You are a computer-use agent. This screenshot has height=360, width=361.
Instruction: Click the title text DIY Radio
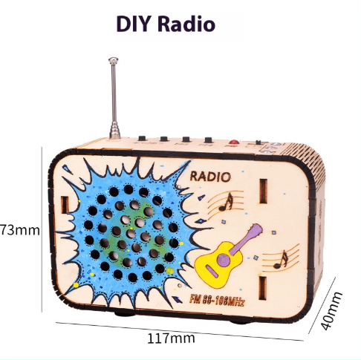click(x=166, y=24)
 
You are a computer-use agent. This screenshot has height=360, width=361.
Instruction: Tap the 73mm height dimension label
click(x=19, y=230)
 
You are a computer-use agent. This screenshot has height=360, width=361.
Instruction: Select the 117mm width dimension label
click(x=171, y=338)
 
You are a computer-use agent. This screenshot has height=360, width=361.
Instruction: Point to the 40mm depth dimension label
click(x=331, y=311)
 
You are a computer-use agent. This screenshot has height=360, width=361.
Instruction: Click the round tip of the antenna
click(x=113, y=60)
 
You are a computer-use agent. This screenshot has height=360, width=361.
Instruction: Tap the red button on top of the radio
click(x=234, y=142)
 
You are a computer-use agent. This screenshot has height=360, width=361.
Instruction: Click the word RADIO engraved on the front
click(x=210, y=177)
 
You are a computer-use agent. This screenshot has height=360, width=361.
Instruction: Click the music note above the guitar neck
click(x=227, y=202)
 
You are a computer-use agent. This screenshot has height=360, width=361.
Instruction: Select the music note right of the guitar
click(x=282, y=260)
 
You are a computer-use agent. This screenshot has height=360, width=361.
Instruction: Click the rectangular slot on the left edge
click(x=65, y=205)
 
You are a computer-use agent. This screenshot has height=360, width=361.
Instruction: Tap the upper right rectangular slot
click(x=263, y=191)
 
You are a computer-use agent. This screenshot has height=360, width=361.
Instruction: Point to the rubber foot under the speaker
click(x=125, y=315)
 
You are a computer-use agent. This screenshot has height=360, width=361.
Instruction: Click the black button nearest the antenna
click(x=142, y=139)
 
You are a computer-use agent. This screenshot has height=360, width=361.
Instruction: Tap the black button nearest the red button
click(x=208, y=140)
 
